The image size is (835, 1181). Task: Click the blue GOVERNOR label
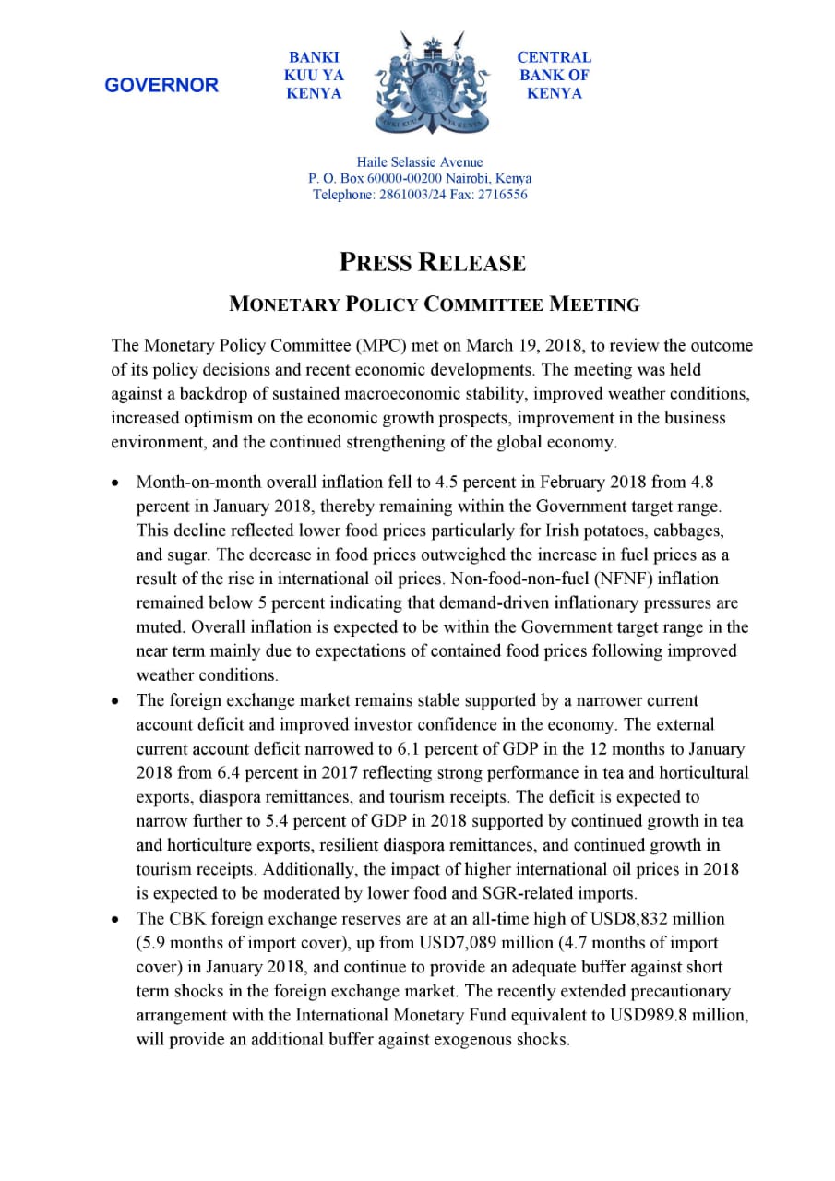click(x=161, y=86)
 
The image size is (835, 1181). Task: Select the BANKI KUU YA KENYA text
click(x=314, y=76)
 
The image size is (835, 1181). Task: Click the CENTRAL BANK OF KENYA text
click(x=554, y=76)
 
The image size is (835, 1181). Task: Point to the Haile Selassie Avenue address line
click(x=420, y=162)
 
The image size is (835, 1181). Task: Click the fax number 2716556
click(x=502, y=195)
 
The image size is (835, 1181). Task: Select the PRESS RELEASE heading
click(x=433, y=263)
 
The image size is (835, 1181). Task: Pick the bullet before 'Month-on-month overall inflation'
click(x=115, y=483)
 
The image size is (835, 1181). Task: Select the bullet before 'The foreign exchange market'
click(x=115, y=700)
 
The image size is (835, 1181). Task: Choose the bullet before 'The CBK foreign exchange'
click(x=115, y=919)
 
